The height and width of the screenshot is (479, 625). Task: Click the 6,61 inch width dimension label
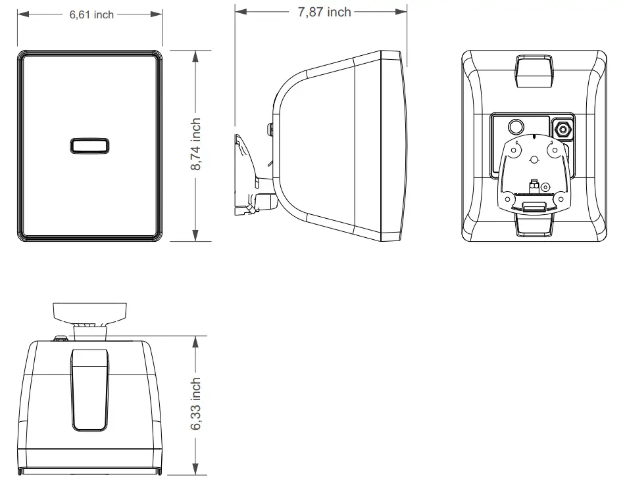pyautogui.click(x=91, y=14)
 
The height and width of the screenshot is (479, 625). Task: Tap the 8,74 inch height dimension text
pyautogui.click(x=195, y=145)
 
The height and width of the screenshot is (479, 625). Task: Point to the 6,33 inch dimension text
pyautogui.click(x=195, y=404)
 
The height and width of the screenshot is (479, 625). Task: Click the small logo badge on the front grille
pyautogui.click(x=89, y=146)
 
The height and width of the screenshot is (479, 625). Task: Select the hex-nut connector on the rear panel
pyautogui.click(x=563, y=128)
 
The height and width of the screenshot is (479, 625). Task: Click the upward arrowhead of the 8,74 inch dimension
pyautogui.click(x=195, y=57)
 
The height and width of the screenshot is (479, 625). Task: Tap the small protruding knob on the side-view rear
pyautogui.click(x=270, y=126)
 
